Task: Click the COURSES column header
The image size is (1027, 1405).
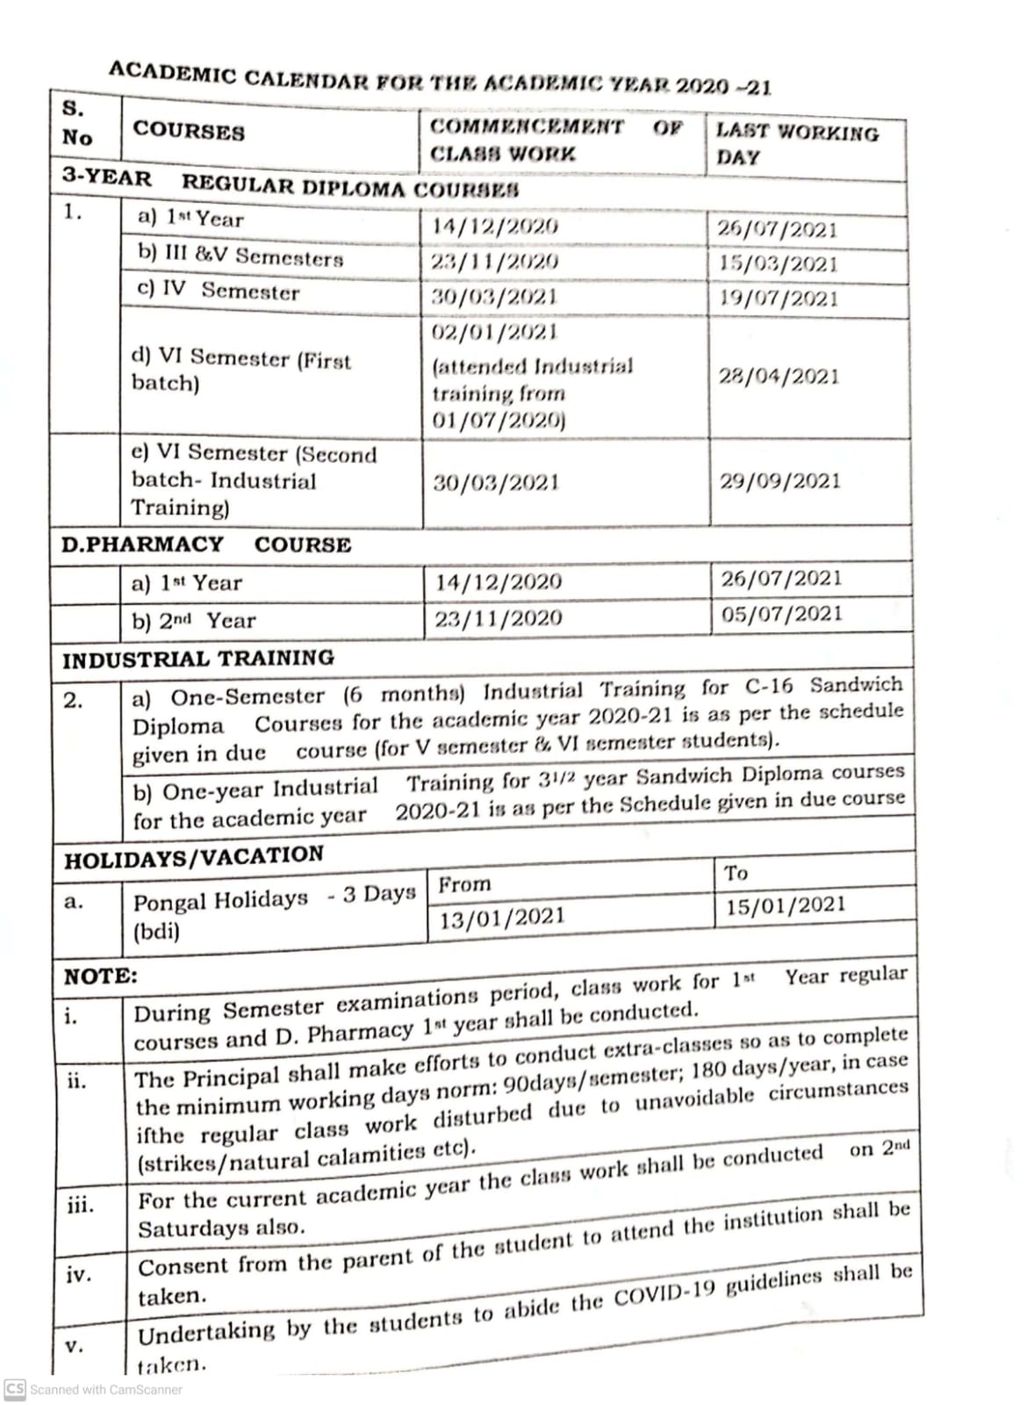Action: pos(189,132)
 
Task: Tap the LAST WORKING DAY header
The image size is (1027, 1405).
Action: pos(797,145)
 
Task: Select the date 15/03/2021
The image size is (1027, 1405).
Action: pos(778,263)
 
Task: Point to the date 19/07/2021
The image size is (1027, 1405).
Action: pos(778,299)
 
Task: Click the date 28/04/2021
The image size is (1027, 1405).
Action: pos(779,377)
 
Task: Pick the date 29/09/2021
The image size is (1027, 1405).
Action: pos(779,481)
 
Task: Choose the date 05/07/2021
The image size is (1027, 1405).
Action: pos(781,614)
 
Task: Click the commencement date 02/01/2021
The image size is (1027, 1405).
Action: pos(495,332)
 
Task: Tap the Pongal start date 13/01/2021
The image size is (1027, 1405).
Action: pos(502,918)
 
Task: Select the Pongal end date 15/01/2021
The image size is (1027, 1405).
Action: pos(786,905)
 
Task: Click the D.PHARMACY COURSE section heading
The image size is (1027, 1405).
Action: pos(206,544)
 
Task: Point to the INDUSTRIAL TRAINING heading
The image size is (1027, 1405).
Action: pos(198,659)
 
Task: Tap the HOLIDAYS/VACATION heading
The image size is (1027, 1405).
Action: pos(194,856)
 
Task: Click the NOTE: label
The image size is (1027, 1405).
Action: pos(101,976)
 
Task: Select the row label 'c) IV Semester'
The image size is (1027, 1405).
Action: pos(219,291)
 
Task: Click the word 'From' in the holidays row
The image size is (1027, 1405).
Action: pos(464,884)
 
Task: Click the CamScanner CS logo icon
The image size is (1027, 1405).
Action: pos(15,1388)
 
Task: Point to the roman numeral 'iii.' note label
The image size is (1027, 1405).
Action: pos(81,1205)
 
